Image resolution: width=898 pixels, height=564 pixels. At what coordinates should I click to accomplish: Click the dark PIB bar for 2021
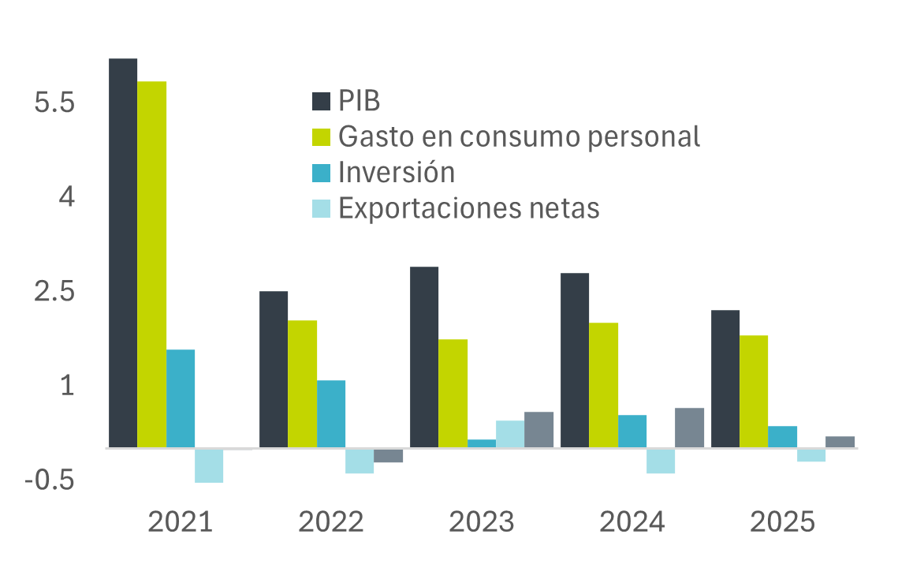[x=123, y=252]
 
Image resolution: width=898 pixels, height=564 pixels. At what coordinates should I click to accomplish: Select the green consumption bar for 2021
[x=152, y=264]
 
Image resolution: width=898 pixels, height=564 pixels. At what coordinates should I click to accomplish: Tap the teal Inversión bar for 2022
[x=331, y=413]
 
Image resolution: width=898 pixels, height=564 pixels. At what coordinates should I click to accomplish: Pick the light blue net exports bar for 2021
[x=210, y=465]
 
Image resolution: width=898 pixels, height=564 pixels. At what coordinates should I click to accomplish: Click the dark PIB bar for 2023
[x=424, y=357]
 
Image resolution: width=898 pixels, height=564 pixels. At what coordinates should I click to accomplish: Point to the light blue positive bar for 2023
[x=510, y=434]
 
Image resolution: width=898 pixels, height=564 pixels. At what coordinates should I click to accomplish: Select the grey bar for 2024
[x=690, y=428]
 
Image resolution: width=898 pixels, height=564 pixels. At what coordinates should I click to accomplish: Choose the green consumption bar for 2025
[x=754, y=391]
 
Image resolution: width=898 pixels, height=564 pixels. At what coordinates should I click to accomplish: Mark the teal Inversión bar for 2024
[x=632, y=431]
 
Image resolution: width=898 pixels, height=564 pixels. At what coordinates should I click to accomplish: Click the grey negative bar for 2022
[x=389, y=456]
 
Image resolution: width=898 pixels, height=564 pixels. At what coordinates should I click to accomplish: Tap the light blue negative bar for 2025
[x=811, y=455]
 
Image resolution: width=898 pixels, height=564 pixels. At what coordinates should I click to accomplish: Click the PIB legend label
[x=360, y=102]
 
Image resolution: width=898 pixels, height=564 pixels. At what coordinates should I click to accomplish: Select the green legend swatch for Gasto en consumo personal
[x=321, y=136]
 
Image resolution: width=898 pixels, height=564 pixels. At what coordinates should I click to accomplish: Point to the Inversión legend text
[x=397, y=172]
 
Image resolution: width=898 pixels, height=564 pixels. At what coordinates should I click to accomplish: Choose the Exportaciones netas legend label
[x=469, y=208]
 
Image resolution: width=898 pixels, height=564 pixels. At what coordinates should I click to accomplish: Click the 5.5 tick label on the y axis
[x=54, y=103]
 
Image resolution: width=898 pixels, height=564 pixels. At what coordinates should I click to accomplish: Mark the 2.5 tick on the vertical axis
[x=54, y=292]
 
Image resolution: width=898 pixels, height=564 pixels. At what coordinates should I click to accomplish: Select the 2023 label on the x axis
[x=481, y=522]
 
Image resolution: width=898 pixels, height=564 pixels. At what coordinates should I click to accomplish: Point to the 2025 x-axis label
[x=782, y=522]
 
